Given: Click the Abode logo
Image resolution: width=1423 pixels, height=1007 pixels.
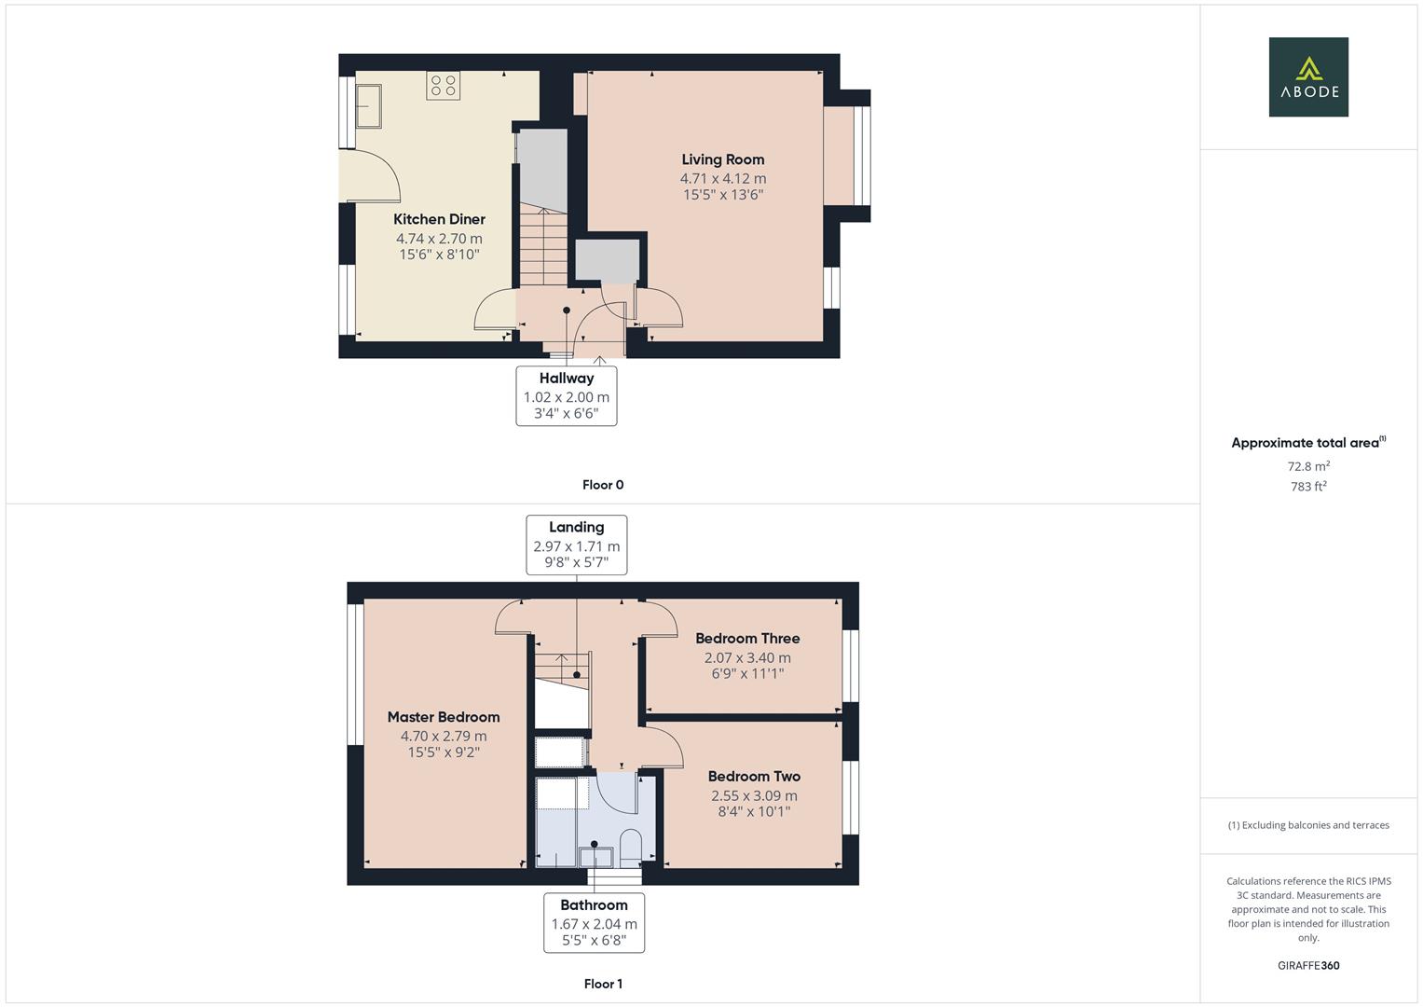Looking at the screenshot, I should [x=1308, y=77].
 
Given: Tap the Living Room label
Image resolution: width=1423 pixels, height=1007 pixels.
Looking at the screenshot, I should [x=722, y=159].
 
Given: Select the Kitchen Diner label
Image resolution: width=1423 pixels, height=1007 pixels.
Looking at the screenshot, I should [x=439, y=219].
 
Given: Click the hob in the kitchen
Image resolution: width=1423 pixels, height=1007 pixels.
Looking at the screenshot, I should [x=444, y=86].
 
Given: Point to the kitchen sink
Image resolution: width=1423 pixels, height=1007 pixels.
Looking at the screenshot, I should [x=368, y=105].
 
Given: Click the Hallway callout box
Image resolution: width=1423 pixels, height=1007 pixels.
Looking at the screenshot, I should [x=566, y=395].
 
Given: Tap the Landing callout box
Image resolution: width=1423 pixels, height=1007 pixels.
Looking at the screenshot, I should [x=576, y=545].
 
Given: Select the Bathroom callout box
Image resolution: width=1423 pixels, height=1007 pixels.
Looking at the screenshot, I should [x=594, y=922].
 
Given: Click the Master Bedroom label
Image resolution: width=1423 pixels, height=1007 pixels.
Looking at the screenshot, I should [x=444, y=717].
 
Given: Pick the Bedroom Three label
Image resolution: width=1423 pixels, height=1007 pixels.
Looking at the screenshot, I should [x=747, y=639].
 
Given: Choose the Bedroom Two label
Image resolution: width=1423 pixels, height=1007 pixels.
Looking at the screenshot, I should [x=754, y=776].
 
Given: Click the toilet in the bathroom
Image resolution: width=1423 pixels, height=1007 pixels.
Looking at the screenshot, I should [x=631, y=846].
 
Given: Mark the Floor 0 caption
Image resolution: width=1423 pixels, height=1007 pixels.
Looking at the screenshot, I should [x=603, y=485].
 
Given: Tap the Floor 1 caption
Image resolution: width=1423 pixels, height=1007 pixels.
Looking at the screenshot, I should [x=603, y=984].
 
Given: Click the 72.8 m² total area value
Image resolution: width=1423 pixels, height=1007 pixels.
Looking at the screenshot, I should [x=1308, y=466].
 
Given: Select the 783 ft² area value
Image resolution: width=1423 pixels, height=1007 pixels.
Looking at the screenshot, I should [x=1308, y=487].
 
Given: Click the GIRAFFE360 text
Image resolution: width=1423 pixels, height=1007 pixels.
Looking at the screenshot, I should [x=1308, y=965].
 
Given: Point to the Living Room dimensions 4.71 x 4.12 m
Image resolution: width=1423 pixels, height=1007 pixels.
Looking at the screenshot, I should [x=722, y=178].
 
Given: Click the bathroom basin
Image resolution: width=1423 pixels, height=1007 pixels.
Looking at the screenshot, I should [x=595, y=855].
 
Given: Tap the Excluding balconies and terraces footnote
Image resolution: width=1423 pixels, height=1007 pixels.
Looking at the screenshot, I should [x=1308, y=825].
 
